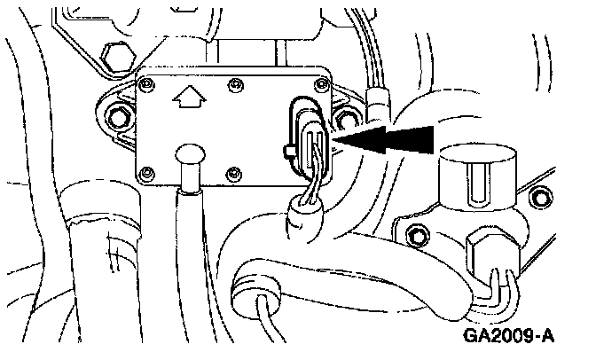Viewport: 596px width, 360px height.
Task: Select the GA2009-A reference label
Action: pos(506,338)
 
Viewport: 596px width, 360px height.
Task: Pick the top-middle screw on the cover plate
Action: pos(234,87)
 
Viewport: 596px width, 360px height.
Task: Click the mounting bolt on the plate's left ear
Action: pos(116,114)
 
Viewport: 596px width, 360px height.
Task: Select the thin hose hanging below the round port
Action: pos(189,257)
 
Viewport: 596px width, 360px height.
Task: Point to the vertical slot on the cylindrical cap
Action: pos(475,192)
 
